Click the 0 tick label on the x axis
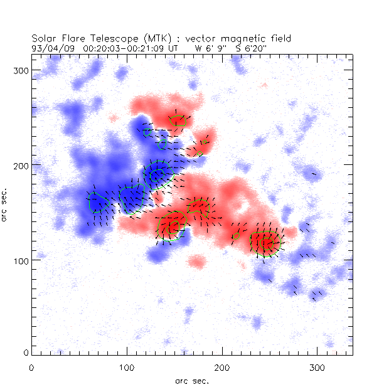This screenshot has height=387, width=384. (x=31, y=366)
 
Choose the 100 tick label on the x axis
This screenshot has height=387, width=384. (x=127, y=366)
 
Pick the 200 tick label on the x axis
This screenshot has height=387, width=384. (x=221, y=366)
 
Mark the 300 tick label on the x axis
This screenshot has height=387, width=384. (x=317, y=366)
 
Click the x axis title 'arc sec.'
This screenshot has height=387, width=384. (x=191, y=380)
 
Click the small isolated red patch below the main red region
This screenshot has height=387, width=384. (x=197, y=261)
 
